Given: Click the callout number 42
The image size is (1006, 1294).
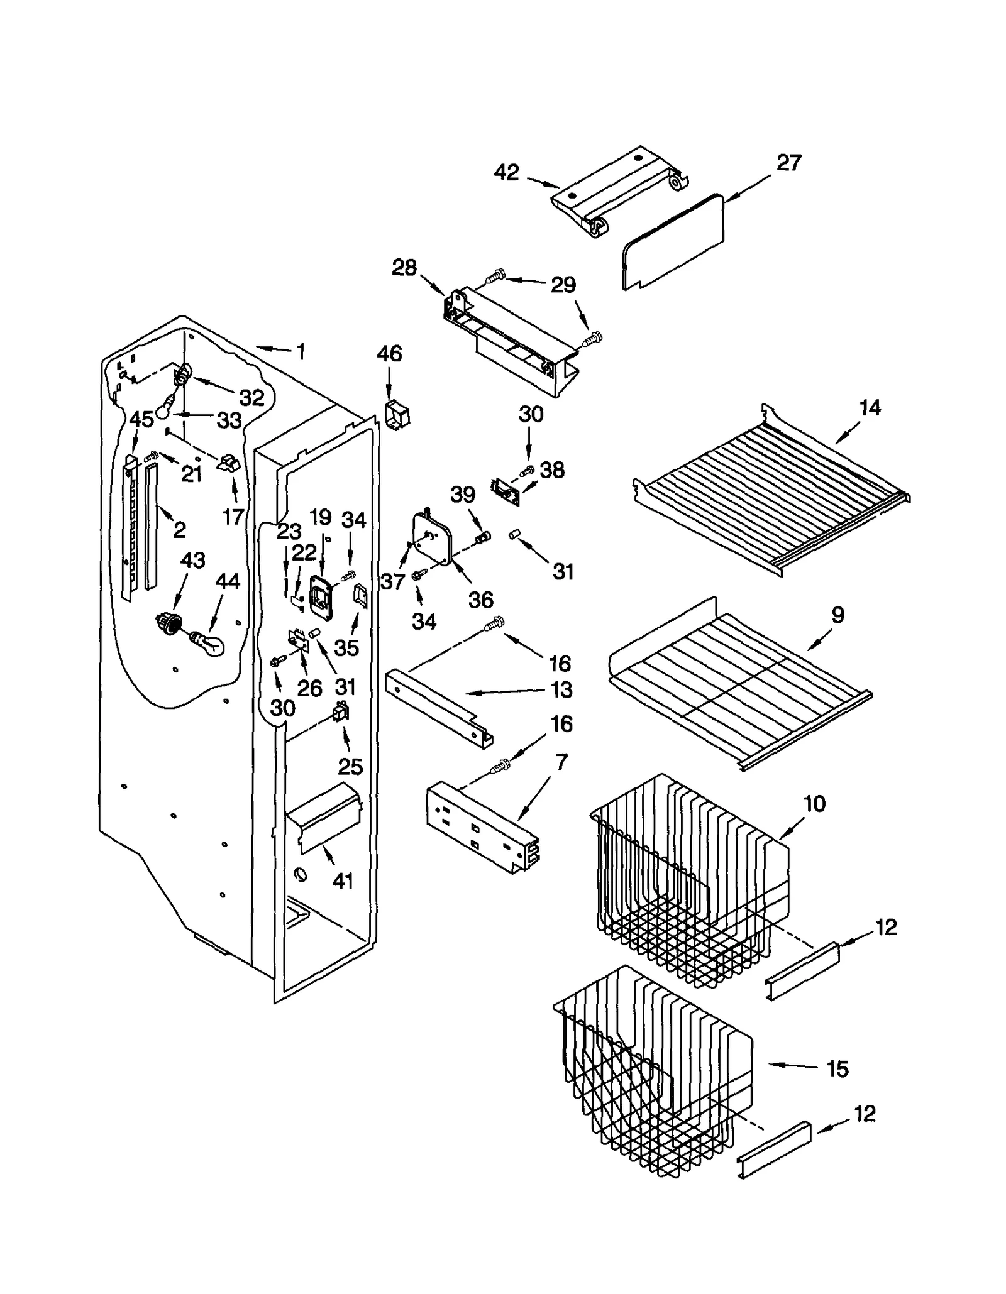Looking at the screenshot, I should (506, 172).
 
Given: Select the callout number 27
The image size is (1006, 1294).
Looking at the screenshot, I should (788, 163).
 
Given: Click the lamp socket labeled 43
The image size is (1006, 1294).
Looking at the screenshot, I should (169, 624).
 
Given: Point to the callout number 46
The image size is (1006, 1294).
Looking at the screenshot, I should (389, 354).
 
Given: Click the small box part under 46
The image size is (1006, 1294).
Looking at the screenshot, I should (397, 415).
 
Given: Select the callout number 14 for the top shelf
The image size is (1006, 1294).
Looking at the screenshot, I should (870, 408).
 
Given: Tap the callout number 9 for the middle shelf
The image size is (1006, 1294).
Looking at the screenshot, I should (837, 615).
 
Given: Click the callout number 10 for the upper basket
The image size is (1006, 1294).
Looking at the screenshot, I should (814, 804).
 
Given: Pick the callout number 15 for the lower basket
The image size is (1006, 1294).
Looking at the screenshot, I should (837, 1069).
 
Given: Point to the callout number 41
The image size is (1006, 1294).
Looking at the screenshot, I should (343, 881).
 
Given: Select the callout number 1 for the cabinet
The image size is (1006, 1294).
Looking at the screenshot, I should (301, 352).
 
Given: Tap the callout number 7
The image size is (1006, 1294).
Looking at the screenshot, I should (561, 763).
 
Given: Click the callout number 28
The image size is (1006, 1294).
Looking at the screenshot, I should (404, 268).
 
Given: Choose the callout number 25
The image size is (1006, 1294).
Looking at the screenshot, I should (350, 767).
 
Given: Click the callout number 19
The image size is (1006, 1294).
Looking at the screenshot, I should (321, 517).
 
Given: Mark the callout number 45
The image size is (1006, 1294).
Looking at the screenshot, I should (141, 419).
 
